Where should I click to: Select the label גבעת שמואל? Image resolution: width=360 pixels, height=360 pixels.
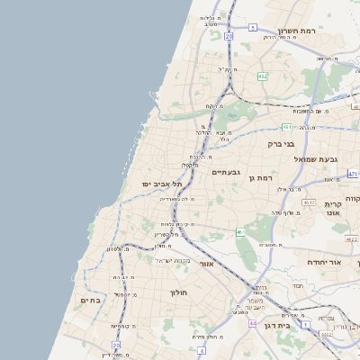point(316,158)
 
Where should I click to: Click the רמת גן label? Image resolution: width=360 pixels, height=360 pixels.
point(260,178)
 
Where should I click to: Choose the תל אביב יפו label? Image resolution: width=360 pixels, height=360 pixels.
point(161,184)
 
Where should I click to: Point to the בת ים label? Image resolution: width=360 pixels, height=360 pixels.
point(90,300)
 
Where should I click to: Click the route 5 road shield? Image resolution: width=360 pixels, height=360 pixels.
point(253,28)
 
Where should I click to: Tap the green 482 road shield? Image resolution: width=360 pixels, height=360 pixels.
point(261,76)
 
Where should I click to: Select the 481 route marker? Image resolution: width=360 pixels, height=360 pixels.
point(285,127)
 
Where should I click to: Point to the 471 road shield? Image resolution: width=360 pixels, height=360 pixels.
point(352,174)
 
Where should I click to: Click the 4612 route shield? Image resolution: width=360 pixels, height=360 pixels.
point(308,203)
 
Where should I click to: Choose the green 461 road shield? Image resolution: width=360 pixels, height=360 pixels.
point(240,233)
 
